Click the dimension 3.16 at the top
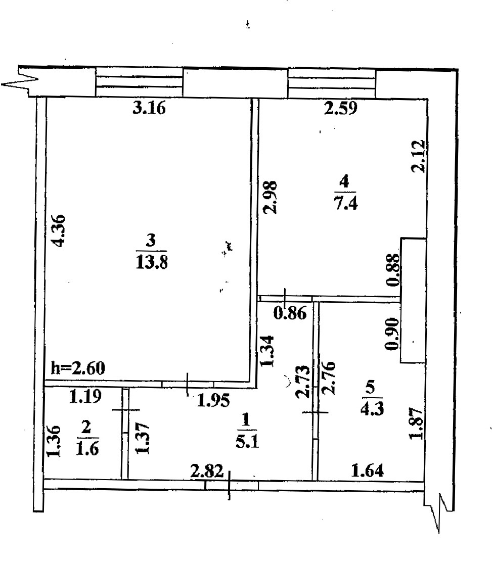click(149, 109)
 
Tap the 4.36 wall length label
click(60, 231)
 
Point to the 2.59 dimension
click(341, 109)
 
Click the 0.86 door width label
click(289, 314)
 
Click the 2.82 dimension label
click(206, 473)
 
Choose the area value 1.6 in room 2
click(87, 447)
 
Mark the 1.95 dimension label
click(213, 401)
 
